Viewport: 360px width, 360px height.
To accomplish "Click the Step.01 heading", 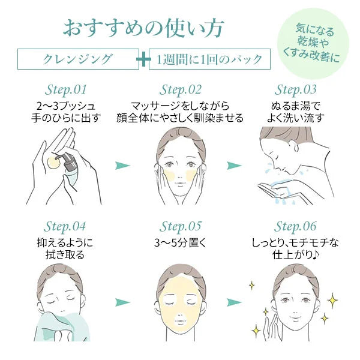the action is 65,90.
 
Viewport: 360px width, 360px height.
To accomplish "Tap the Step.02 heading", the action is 180,90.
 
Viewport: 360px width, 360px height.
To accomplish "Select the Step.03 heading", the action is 295,90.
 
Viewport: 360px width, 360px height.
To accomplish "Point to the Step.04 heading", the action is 65,227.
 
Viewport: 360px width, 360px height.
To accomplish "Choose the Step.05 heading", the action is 180,227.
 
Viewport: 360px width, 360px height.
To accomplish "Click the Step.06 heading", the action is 295,227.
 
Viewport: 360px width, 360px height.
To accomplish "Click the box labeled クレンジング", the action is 78,59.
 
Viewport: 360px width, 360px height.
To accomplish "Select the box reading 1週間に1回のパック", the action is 209,59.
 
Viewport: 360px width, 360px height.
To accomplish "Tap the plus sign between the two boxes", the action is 144,59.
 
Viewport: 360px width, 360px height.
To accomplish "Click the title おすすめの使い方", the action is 143,28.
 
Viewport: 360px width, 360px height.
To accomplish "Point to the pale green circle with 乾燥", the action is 313,44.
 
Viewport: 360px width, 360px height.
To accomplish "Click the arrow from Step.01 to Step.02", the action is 122,166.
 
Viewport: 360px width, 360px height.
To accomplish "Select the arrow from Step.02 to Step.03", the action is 234,166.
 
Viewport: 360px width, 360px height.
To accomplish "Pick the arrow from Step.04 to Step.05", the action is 122,302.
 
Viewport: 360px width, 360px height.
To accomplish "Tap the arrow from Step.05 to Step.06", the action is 234,302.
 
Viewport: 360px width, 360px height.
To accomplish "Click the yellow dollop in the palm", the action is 54,163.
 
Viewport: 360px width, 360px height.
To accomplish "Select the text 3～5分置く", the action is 180,243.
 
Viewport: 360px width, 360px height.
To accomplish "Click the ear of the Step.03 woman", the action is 296,147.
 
